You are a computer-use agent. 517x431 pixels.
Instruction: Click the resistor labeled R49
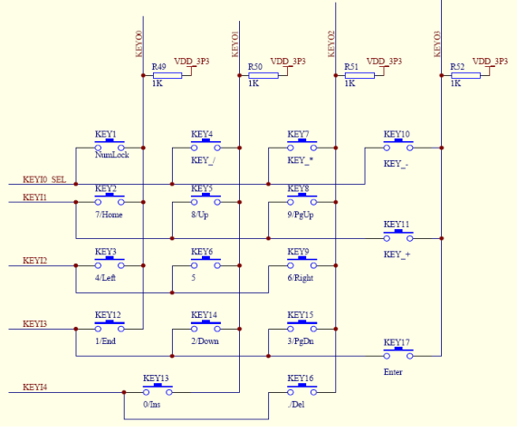click(168, 76)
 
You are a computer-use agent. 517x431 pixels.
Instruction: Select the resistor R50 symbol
click(263, 76)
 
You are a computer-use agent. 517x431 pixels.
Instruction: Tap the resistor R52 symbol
click(466, 76)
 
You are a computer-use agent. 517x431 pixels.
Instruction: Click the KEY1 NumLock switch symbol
click(110, 146)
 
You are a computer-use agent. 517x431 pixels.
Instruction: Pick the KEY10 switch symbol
click(398, 146)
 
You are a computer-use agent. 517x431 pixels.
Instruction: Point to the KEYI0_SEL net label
click(43, 179)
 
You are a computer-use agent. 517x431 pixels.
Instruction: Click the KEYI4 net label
click(34, 387)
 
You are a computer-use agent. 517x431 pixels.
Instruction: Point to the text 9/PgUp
click(301, 215)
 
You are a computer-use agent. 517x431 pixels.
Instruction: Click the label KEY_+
click(397, 255)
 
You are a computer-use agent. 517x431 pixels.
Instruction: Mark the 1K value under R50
click(254, 83)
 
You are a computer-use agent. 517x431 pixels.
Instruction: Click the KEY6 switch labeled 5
click(206, 264)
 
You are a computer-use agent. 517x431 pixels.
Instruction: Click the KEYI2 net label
click(34, 261)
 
